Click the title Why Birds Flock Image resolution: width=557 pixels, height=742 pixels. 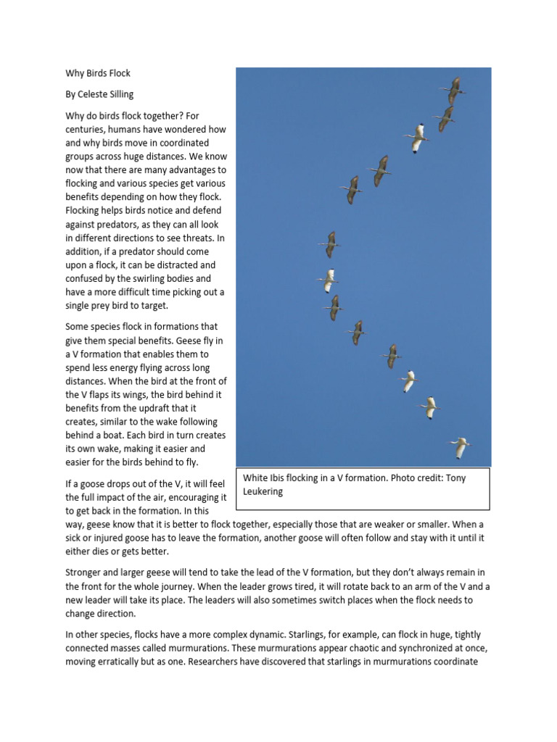[98, 74]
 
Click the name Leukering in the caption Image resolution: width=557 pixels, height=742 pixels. [263, 492]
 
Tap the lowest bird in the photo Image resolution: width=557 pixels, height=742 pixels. [458, 447]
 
